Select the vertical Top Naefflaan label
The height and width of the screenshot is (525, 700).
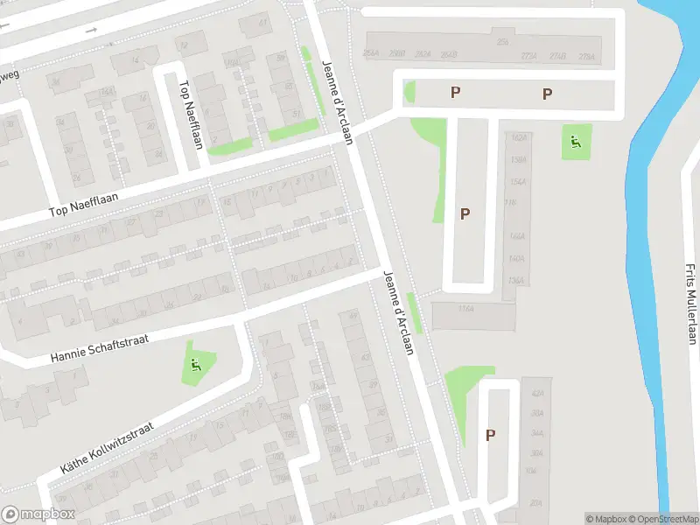coord(191,115)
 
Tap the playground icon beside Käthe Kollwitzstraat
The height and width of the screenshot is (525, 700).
coord(195,365)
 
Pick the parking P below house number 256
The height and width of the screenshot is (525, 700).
coord(455,92)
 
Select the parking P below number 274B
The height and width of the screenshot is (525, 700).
coord(547,94)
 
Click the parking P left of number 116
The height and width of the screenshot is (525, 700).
coord(465,213)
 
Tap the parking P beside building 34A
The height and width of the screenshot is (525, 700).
coord(491,434)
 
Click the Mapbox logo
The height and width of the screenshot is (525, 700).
coord(38,514)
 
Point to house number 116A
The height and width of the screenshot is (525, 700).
coord(465,309)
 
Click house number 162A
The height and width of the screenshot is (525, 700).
coord(518,137)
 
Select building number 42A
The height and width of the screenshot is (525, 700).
coord(537,394)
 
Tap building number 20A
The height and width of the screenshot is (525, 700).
coord(535,503)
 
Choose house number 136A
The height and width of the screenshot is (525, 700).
coord(516,281)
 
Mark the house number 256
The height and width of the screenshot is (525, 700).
coord(502,40)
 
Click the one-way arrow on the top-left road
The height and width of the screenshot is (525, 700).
coord(92,31)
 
